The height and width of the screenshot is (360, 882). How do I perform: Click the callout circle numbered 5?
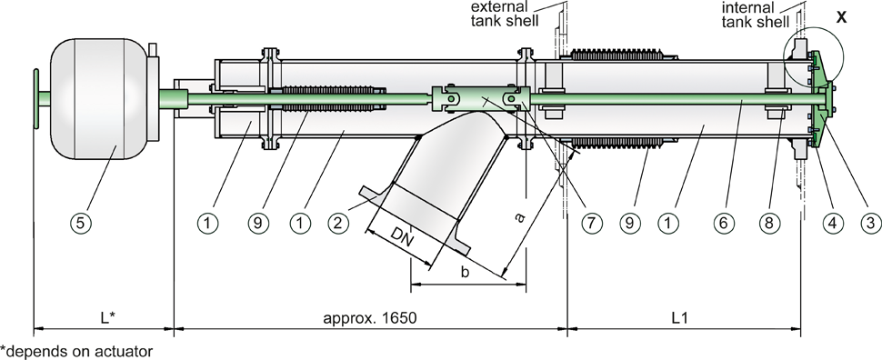pos(80,224)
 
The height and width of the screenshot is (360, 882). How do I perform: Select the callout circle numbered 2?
pos(337,224)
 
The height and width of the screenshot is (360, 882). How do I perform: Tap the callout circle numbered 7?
pos(592,224)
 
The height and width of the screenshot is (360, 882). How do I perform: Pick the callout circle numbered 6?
pos(725,224)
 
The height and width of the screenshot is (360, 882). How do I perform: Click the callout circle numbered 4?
pos(833,224)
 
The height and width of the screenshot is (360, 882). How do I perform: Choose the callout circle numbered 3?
pos(870,224)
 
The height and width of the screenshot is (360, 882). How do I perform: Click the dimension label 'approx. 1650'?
pos(369,318)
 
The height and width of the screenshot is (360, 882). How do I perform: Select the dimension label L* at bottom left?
pos(108,318)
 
